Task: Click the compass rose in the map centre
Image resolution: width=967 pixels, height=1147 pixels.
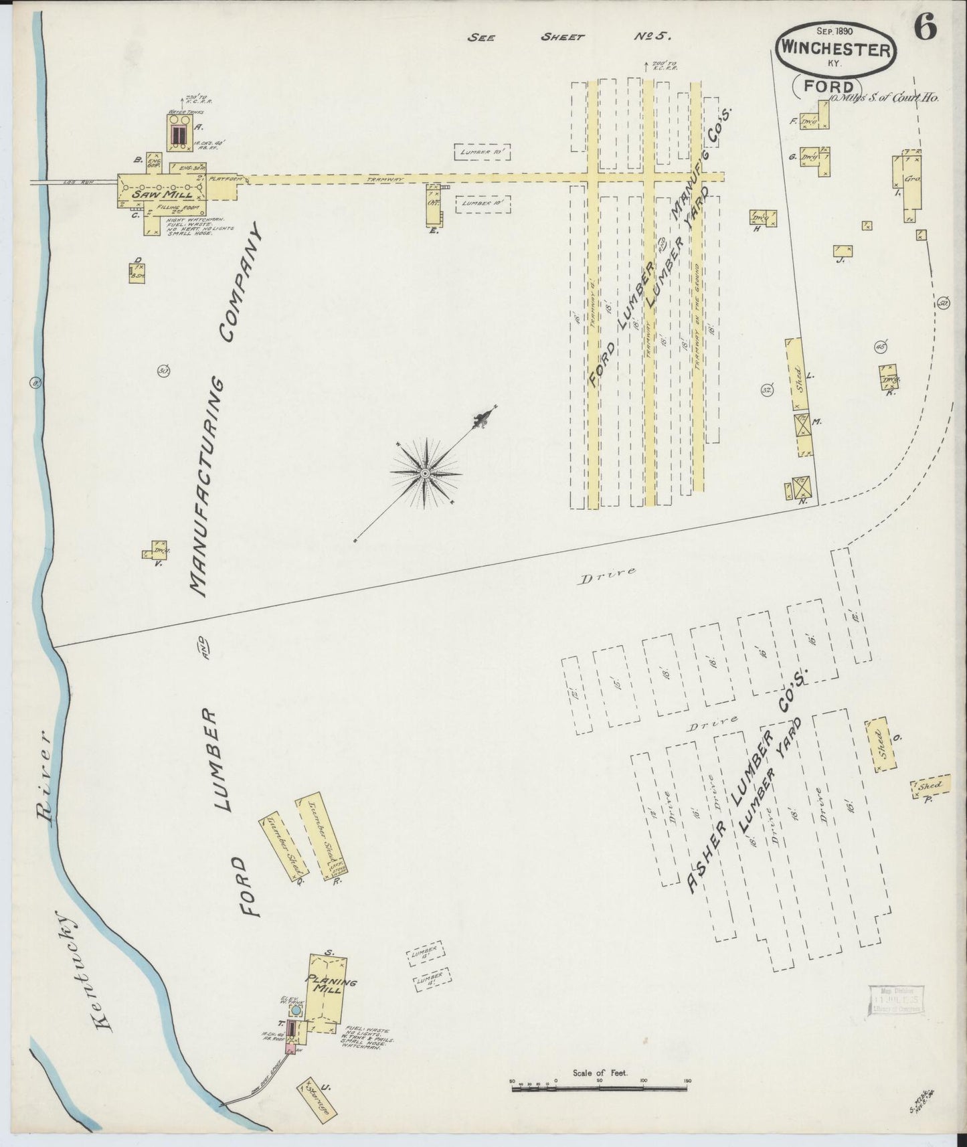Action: tap(426, 473)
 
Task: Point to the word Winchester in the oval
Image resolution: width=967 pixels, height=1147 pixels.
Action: tap(834, 50)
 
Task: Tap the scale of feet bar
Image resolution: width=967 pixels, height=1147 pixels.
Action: tap(600, 1089)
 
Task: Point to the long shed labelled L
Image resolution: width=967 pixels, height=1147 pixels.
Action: tap(796, 374)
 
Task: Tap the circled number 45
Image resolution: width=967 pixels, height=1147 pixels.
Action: tap(880, 347)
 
